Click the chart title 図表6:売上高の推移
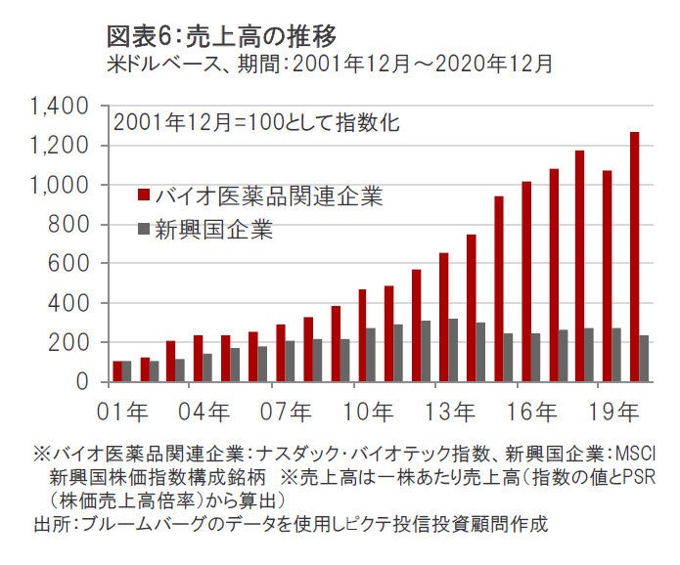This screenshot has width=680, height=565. click(x=221, y=36)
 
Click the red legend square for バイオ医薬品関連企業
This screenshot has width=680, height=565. click(x=144, y=195)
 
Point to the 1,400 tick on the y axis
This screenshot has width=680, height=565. click(x=61, y=106)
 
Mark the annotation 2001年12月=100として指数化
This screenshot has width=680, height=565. click(x=256, y=124)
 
